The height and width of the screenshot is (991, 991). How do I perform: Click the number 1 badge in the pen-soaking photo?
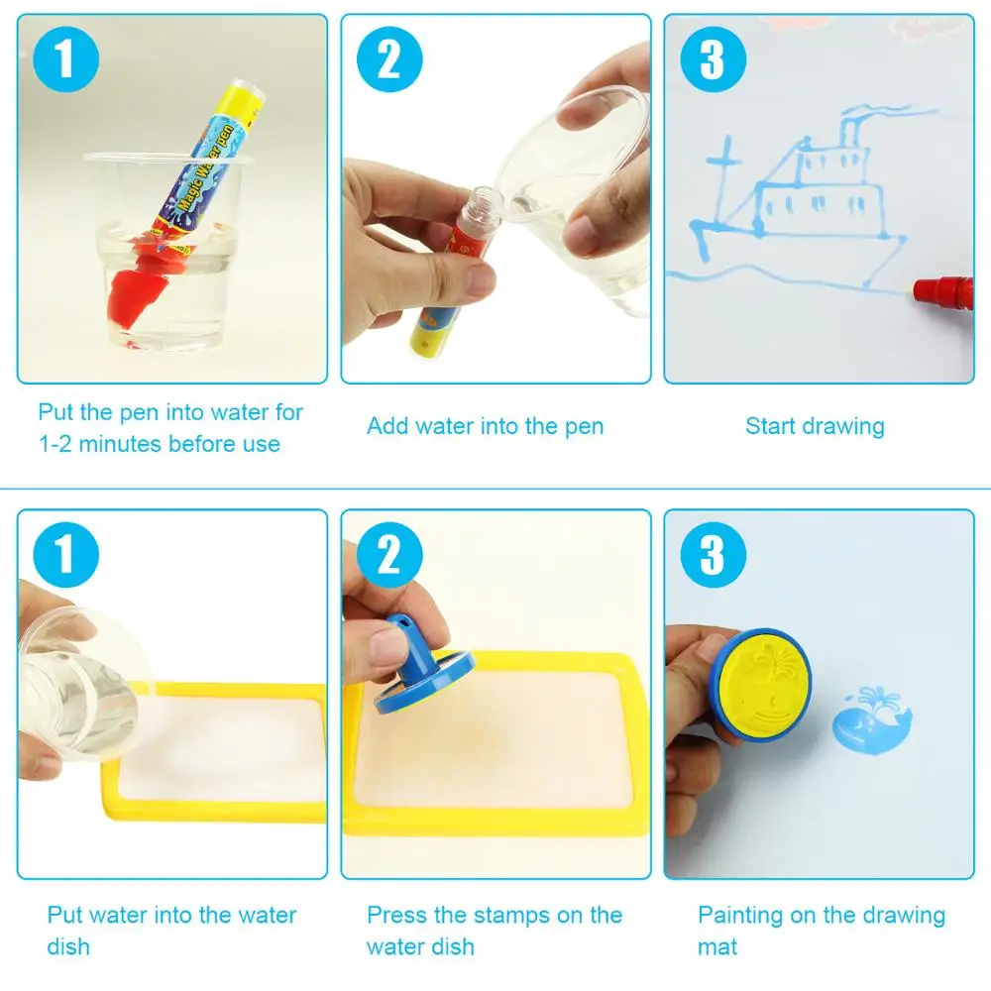65,59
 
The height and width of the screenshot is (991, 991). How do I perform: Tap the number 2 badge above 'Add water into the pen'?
389,59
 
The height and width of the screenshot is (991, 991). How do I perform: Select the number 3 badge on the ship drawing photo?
713,59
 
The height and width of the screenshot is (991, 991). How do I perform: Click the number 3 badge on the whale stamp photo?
713,555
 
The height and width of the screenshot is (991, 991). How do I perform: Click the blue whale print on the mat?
872,721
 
